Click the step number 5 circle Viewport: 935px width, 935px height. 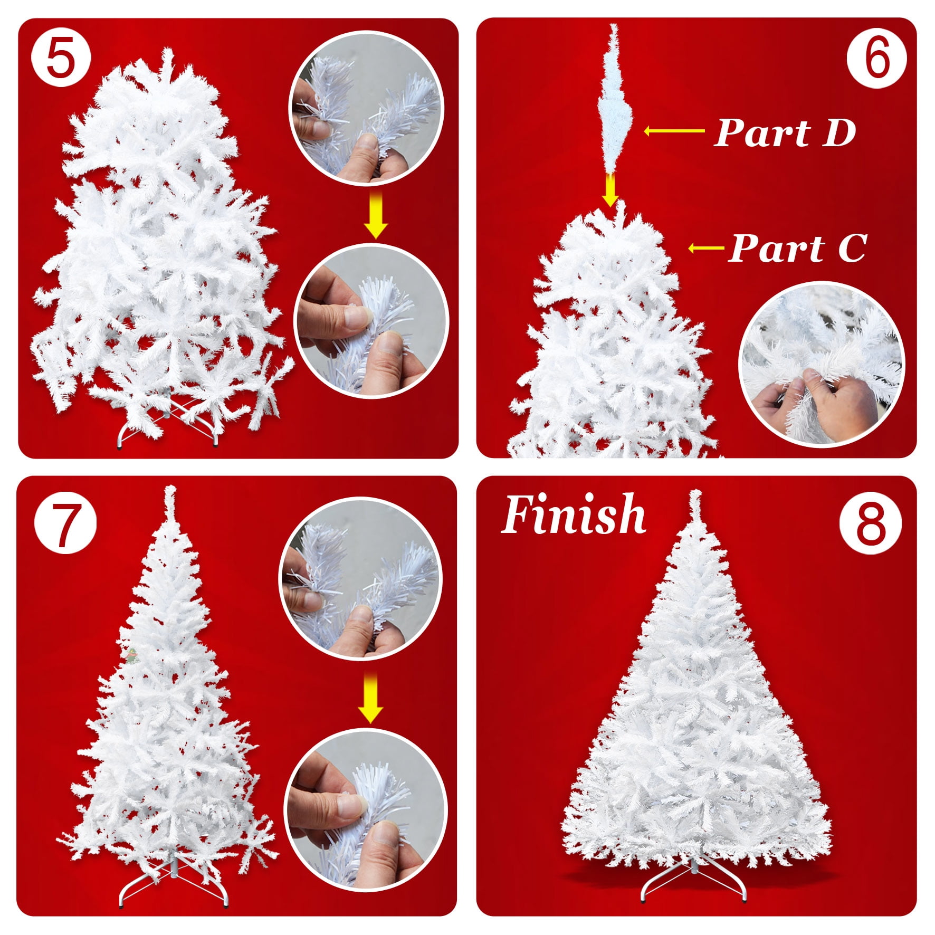(x=61, y=58)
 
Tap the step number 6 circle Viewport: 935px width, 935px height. (x=876, y=58)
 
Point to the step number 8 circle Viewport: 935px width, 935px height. (x=870, y=523)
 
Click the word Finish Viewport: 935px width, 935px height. (x=573, y=514)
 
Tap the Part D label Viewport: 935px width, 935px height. (x=784, y=132)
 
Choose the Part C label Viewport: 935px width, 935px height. (x=797, y=248)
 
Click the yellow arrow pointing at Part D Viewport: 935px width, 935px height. (x=674, y=131)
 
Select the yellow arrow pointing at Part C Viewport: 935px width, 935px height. (x=706, y=247)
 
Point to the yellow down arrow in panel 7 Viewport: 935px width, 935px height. (x=370, y=697)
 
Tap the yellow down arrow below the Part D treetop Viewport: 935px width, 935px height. (x=610, y=190)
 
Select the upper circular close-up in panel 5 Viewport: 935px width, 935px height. (x=366, y=108)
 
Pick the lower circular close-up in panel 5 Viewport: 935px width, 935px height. (x=371, y=321)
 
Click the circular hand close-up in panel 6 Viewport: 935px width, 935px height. (x=821, y=364)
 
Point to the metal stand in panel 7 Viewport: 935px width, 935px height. (x=174, y=882)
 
